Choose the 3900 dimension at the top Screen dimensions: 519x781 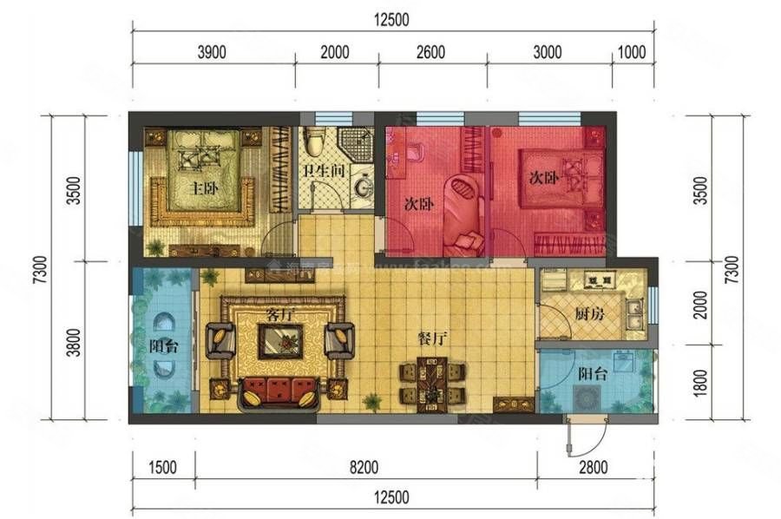coord(212,52)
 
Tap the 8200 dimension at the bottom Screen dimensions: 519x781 coord(364,468)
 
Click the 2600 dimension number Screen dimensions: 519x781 coord(430,52)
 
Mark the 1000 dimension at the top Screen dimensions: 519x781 coord(632,52)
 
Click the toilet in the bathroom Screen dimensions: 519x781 coord(316,139)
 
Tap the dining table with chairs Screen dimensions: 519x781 coord(431,384)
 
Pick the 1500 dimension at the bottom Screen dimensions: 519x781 coord(162,468)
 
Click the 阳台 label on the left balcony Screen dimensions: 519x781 coord(163,345)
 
